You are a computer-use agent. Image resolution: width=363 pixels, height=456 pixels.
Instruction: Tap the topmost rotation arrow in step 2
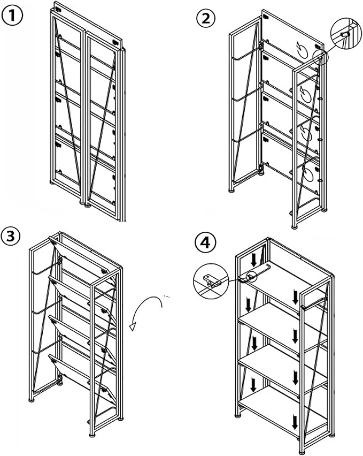pos(303,50)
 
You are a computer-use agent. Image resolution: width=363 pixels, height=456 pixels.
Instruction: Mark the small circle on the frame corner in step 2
pos(321,57)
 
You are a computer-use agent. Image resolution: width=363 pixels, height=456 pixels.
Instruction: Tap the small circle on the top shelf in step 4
pos(251,276)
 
